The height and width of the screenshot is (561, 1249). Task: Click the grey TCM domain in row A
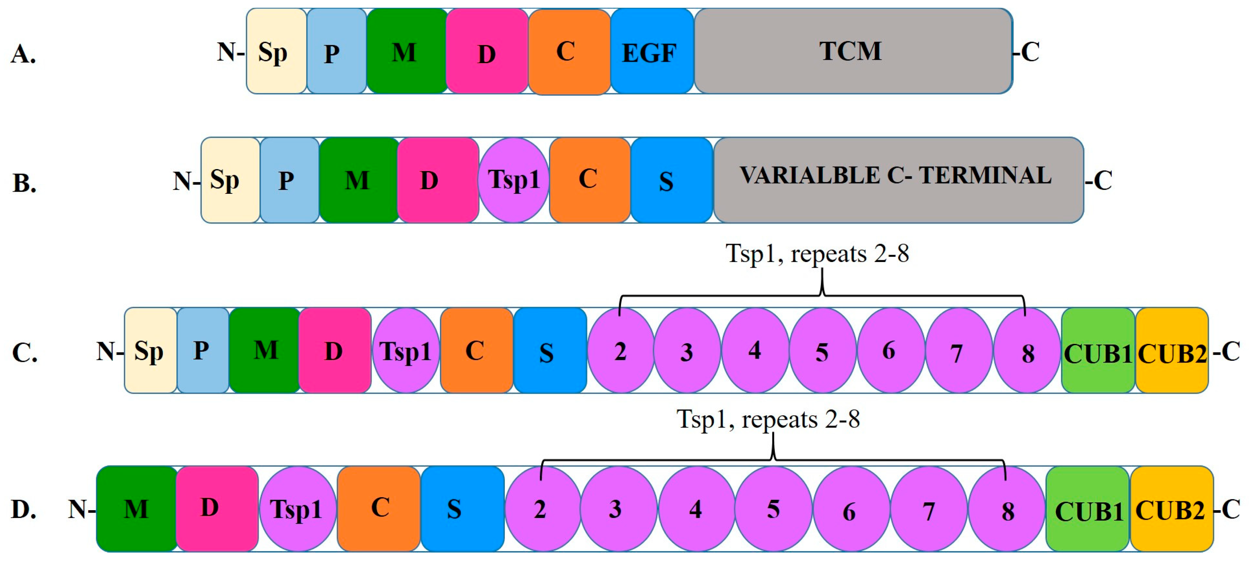(x=853, y=51)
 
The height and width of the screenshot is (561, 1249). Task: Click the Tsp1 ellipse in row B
(x=513, y=180)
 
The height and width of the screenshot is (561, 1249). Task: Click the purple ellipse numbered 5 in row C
(x=822, y=351)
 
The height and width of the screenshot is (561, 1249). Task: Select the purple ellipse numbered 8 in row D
(x=1006, y=509)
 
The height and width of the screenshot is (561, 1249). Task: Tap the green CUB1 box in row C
(x=1098, y=351)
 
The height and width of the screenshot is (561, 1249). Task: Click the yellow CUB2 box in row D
(x=1171, y=509)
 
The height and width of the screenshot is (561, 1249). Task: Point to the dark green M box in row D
(x=137, y=509)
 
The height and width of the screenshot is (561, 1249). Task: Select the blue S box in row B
(x=671, y=180)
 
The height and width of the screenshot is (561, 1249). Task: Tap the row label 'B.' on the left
(x=24, y=183)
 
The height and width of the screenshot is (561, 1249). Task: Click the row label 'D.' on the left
(x=24, y=509)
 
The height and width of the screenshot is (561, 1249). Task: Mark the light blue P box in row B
(x=289, y=180)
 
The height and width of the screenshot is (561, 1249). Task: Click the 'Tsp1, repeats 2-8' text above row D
(x=768, y=419)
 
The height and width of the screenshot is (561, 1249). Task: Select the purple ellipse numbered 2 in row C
(x=621, y=351)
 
